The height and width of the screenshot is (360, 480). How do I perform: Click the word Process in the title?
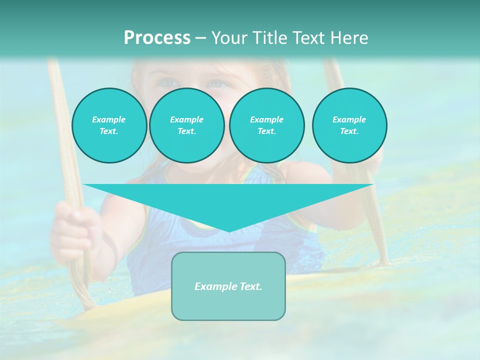(157, 38)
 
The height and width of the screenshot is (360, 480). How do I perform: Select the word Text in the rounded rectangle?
(250, 286)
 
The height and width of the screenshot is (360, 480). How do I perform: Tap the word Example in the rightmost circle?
(349, 119)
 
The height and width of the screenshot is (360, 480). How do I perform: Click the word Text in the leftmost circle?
(109, 131)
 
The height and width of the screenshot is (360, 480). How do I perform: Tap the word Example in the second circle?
(186, 119)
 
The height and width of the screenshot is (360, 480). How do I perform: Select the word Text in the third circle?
(266, 131)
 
